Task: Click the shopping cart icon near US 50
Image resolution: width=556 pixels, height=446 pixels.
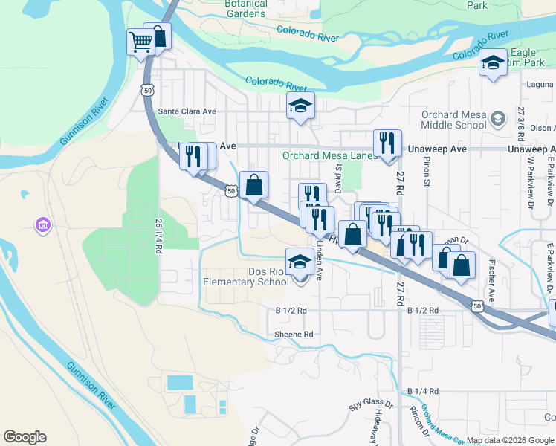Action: [x=140, y=42]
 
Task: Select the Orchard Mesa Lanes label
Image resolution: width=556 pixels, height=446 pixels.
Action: [x=329, y=156]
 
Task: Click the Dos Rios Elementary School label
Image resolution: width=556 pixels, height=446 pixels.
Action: [x=246, y=277]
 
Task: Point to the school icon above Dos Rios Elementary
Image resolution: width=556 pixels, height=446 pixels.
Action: [x=300, y=262]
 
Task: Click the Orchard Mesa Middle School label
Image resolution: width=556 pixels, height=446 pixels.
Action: [x=453, y=120]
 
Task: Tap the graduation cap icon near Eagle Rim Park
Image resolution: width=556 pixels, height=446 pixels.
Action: [x=493, y=62]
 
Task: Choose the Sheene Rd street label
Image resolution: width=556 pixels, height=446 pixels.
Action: [x=294, y=334]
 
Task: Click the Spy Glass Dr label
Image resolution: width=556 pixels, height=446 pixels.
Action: [x=371, y=406]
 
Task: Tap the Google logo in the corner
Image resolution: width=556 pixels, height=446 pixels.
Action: [x=25, y=437]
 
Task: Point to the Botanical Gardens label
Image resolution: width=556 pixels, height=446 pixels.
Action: [x=235, y=9]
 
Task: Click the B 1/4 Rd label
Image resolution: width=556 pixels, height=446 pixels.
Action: [x=423, y=391]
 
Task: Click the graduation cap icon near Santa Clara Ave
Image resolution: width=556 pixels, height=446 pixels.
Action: [x=301, y=106]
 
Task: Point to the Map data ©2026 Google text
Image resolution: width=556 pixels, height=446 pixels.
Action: [x=509, y=440]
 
